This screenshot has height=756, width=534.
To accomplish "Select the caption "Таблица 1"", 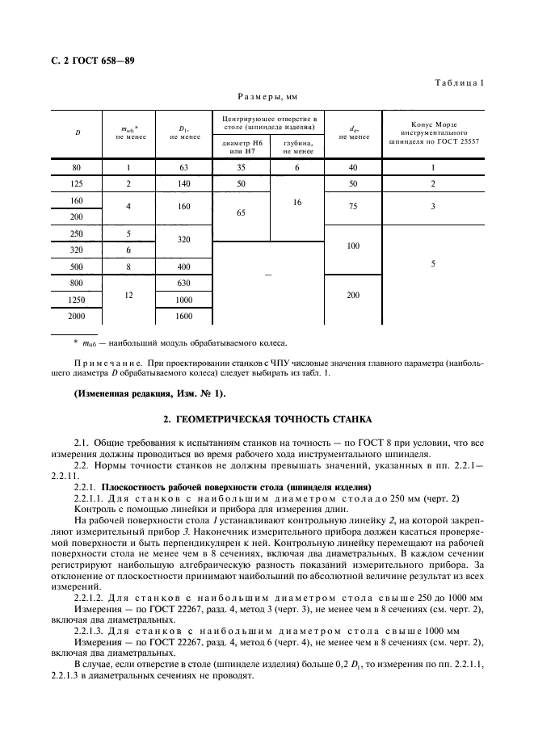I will (458, 83).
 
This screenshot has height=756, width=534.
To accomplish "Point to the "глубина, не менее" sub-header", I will (297, 146).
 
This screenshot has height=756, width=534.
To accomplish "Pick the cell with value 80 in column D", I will (78, 168).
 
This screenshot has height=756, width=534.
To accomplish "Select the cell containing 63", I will (184, 168).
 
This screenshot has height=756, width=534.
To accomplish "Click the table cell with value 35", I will (241, 168).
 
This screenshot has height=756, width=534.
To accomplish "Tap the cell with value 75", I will (352, 207).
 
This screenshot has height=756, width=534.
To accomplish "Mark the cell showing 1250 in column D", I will (78, 299).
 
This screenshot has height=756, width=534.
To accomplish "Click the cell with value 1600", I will (184, 316).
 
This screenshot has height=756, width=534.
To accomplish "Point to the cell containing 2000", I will (78, 316).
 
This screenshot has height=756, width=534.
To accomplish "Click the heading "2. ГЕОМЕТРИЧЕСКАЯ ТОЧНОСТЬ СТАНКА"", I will (267, 420).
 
